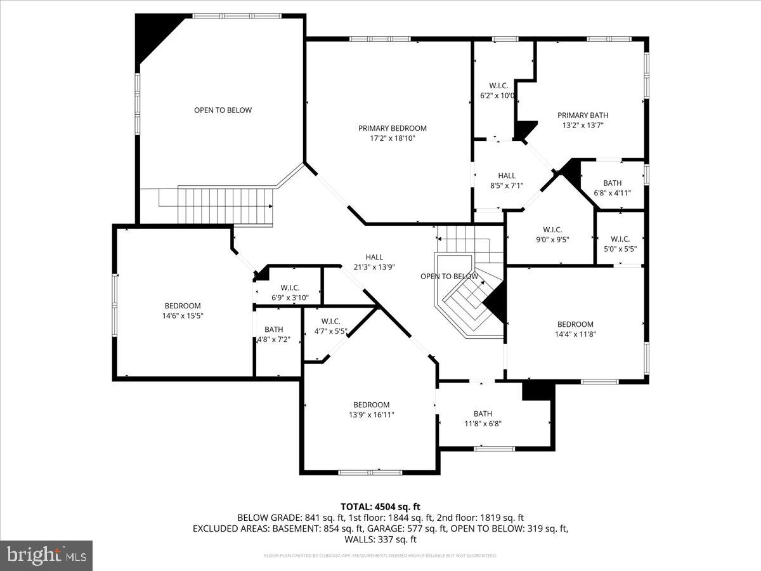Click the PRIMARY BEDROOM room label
(x=392, y=128)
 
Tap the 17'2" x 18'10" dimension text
(x=392, y=138)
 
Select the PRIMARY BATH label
(x=582, y=115)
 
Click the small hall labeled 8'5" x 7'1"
(x=506, y=180)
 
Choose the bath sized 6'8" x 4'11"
(x=612, y=188)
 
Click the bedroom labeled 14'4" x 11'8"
(x=575, y=329)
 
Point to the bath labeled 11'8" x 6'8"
(x=482, y=419)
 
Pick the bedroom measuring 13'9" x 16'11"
(x=371, y=409)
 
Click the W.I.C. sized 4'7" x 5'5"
(x=330, y=326)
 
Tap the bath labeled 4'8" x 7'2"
(x=274, y=334)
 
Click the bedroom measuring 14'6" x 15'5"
(x=183, y=310)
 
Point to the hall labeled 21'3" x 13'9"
(x=374, y=262)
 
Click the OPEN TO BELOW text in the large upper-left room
(x=223, y=110)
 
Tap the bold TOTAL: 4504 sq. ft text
(x=380, y=506)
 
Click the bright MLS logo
(x=46, y=556)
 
